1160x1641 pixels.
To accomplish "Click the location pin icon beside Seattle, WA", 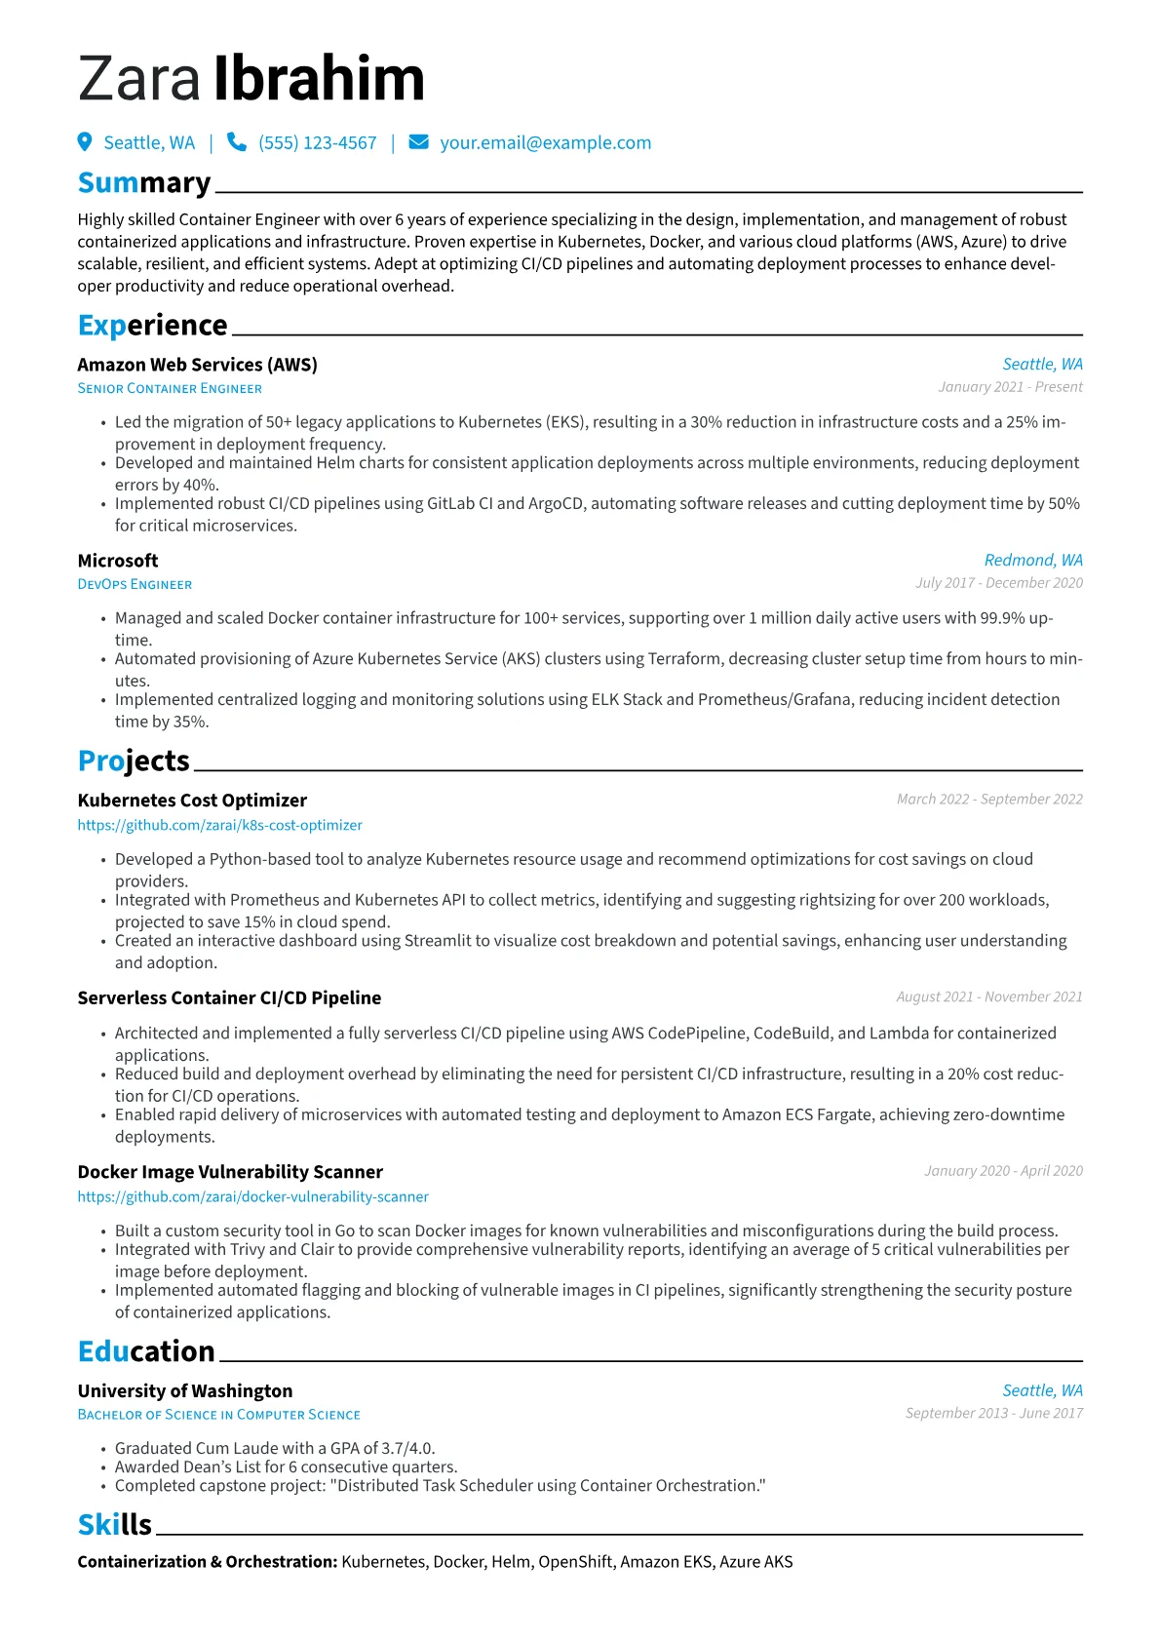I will click(x=85, y=142).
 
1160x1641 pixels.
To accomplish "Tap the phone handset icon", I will click(x=236, y=142).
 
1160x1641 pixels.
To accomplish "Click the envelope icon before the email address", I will click(x=418, y=142).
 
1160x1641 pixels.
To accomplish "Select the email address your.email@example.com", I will click(x=545, y=143).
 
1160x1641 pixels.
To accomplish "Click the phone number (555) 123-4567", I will click(x=317, y=143).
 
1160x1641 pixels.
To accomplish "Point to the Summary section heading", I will click(x=144, y=183).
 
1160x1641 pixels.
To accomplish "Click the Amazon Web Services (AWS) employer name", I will click(x=197, y=365).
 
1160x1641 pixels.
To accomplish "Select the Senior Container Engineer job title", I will click(x=170, y=389).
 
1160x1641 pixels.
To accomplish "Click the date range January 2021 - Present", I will click(x=1010, y=387).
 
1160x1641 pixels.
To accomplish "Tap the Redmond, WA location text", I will click(x=1033, y=561).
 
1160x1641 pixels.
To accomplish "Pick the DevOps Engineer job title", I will click(x=135, y=585).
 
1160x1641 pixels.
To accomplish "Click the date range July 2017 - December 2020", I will click(x=998, y=583).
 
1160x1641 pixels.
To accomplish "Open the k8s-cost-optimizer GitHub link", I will click(x=219, y=826).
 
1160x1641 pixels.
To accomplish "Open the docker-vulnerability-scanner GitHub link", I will click(x=252, y=1197).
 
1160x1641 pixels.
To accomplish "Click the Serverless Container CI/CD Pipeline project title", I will click(x=229, y=998).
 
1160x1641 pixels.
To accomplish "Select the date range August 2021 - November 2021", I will click(x=989, y=997).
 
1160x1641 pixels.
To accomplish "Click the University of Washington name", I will click(x=185, y=1391).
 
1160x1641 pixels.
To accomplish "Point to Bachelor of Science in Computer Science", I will click(x=218, y=1415).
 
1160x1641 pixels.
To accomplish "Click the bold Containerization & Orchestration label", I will click(x=208, y=1562).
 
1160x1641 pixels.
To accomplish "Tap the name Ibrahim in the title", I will click(x=319, y=80).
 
